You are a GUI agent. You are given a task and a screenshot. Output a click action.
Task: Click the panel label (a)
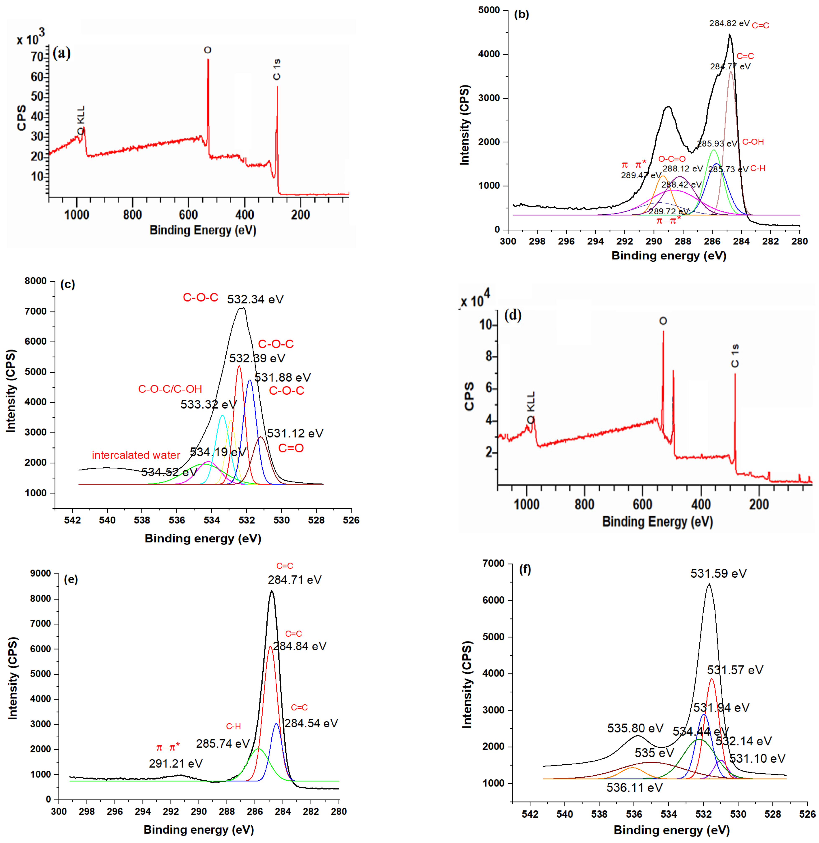coord(61,53)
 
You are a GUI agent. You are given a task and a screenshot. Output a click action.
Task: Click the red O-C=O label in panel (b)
coord(672,159)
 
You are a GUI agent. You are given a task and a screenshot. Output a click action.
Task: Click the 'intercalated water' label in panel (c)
coord(136,455)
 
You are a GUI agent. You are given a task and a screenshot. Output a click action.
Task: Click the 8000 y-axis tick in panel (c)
coord(36,281)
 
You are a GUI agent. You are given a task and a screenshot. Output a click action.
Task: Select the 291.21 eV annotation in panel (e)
coord(175,763)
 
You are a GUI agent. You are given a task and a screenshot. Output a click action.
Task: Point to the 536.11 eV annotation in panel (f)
coord(634,788)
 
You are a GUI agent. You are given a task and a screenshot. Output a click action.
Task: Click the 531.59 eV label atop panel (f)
coord(718,573)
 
